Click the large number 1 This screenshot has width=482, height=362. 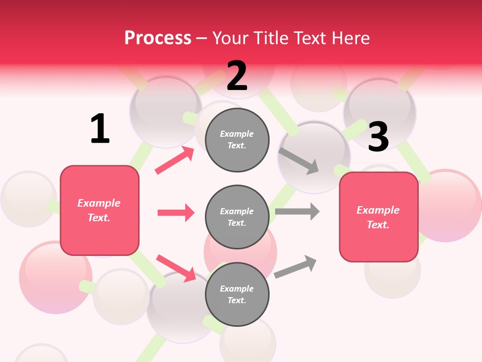[x=100, y=129]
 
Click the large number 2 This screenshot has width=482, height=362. [x=237, y=76]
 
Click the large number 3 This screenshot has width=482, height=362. [x=378, y=137]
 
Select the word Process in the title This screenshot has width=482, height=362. [x=158, y=38]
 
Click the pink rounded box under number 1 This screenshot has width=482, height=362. [x=99, y=210]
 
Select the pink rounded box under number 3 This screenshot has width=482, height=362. [x=379, y=217]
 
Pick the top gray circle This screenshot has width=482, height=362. [x=237, y=140]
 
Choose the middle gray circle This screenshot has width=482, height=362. [x=237, y=217]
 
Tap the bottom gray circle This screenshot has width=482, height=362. [x=237, y=295]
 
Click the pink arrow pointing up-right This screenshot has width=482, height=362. [x=175, y=160]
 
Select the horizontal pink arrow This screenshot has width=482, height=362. [x=176, y=213]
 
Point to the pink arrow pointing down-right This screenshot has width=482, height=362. [x=176, y=268]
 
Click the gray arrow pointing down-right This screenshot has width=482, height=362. [x=299, y=160]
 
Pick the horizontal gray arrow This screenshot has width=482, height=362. [x=297, y=211]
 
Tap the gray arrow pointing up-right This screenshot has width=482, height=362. [x=295, y=266]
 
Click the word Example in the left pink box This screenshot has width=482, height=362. [x=99, y=203]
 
